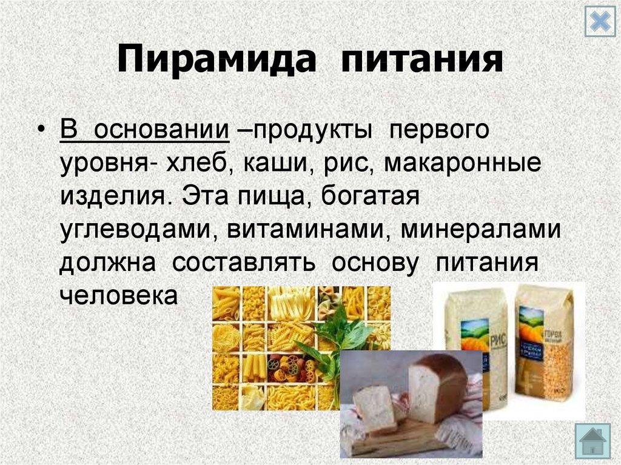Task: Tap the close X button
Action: pos(599,23)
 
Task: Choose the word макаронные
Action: pos(461,163)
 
